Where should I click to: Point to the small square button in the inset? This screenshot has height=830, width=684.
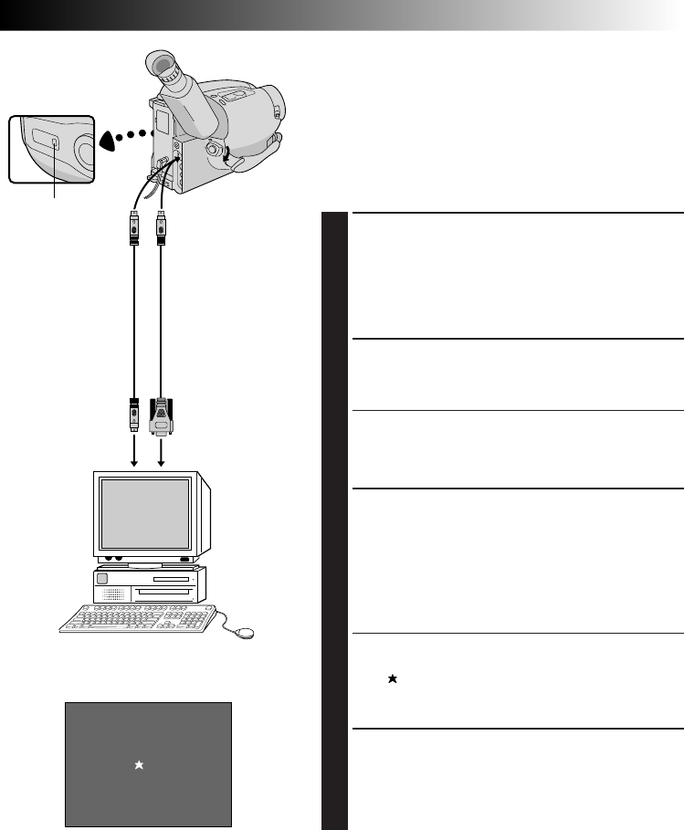tap(54, 142)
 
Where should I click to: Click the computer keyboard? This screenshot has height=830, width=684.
tap(137, 619)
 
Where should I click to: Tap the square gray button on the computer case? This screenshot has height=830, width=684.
tap(102, 578)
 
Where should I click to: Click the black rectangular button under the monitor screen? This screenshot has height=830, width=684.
tap(185, 559)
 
